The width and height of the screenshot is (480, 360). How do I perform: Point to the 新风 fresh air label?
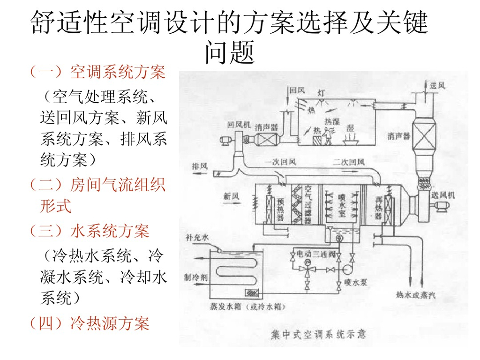pyautogui.click(x=231, y=196)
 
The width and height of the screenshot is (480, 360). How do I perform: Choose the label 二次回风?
pyautogui.click(x=348, y=162)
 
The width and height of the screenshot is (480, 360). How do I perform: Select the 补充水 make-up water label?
pyautogui.click(x=197, y=238)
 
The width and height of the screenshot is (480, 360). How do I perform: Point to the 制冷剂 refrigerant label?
pyautogui.click(x=196, y=277)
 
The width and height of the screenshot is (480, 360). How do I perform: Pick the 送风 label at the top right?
pyautogui.click(x=437, y=85)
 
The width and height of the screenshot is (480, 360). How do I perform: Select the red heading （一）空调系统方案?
pyautogui.click(x=97, y=72)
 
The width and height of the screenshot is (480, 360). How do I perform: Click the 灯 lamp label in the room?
pyautogui.click(x=321, y=93)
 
